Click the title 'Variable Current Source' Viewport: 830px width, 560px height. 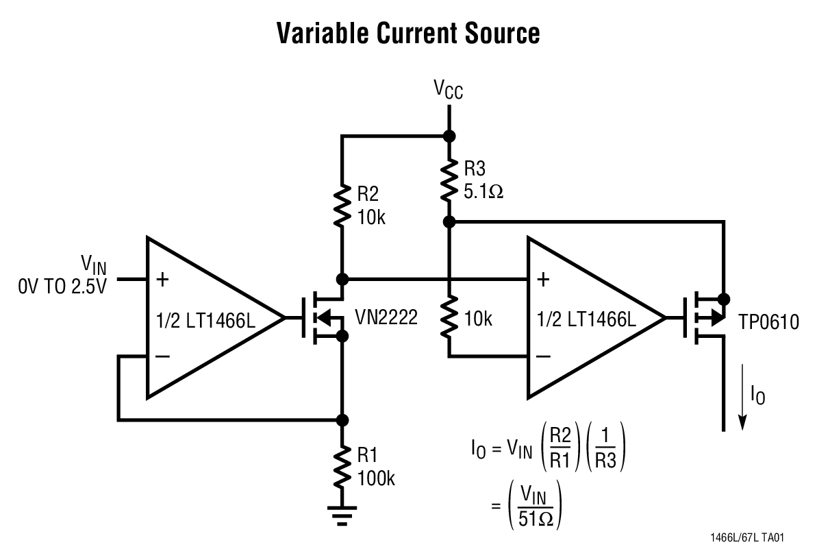coord(408,33)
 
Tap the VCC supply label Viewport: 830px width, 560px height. coord(448,89)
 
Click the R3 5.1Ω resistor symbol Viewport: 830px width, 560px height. coord(449,179)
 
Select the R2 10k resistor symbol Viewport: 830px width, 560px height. coord(341,204)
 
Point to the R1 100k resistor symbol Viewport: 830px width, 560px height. coord(341,466)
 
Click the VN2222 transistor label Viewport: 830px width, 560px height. coord(386,317)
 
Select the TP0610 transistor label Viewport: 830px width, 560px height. coord(768,321)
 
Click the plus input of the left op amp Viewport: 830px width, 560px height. coord(162,279)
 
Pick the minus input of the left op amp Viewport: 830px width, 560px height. coord(162,356)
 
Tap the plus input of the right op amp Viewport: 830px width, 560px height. coord(543,279)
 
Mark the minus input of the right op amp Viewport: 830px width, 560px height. coord(543,356)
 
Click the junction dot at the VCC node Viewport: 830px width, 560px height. coord(449,136)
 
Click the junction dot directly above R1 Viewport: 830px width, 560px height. coord(341,419)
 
